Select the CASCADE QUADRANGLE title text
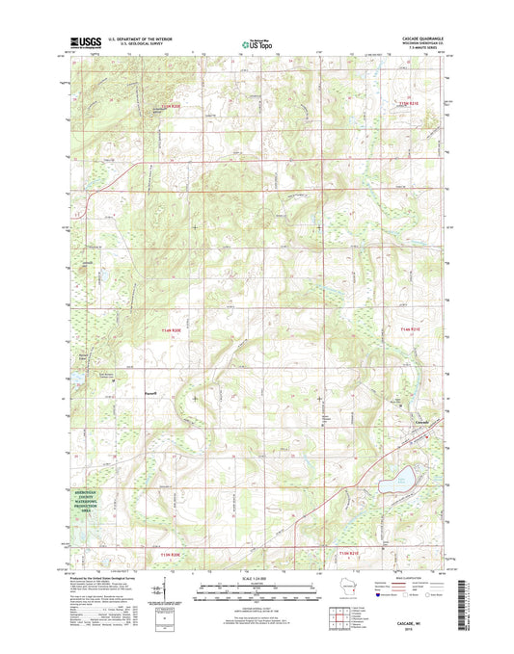418,38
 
